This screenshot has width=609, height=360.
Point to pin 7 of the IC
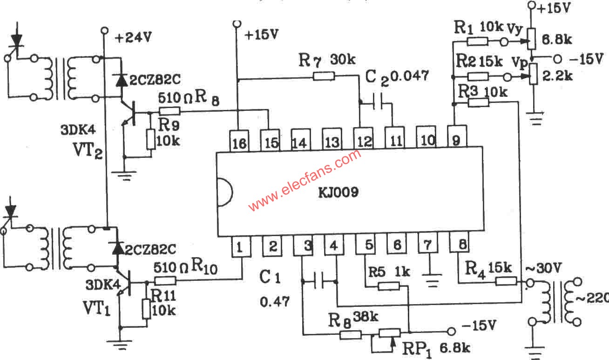pyautogui.click(x=427, y=245)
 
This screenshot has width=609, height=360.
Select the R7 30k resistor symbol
pyautogui.click(x=324, y=75)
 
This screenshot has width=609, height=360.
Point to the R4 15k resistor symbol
pyautogui.click(x=506, y=281)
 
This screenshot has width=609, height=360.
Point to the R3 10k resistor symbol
pyautogui.click(x=478, y=102)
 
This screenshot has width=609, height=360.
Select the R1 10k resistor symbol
pyautogui.click(x=477, y=42)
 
